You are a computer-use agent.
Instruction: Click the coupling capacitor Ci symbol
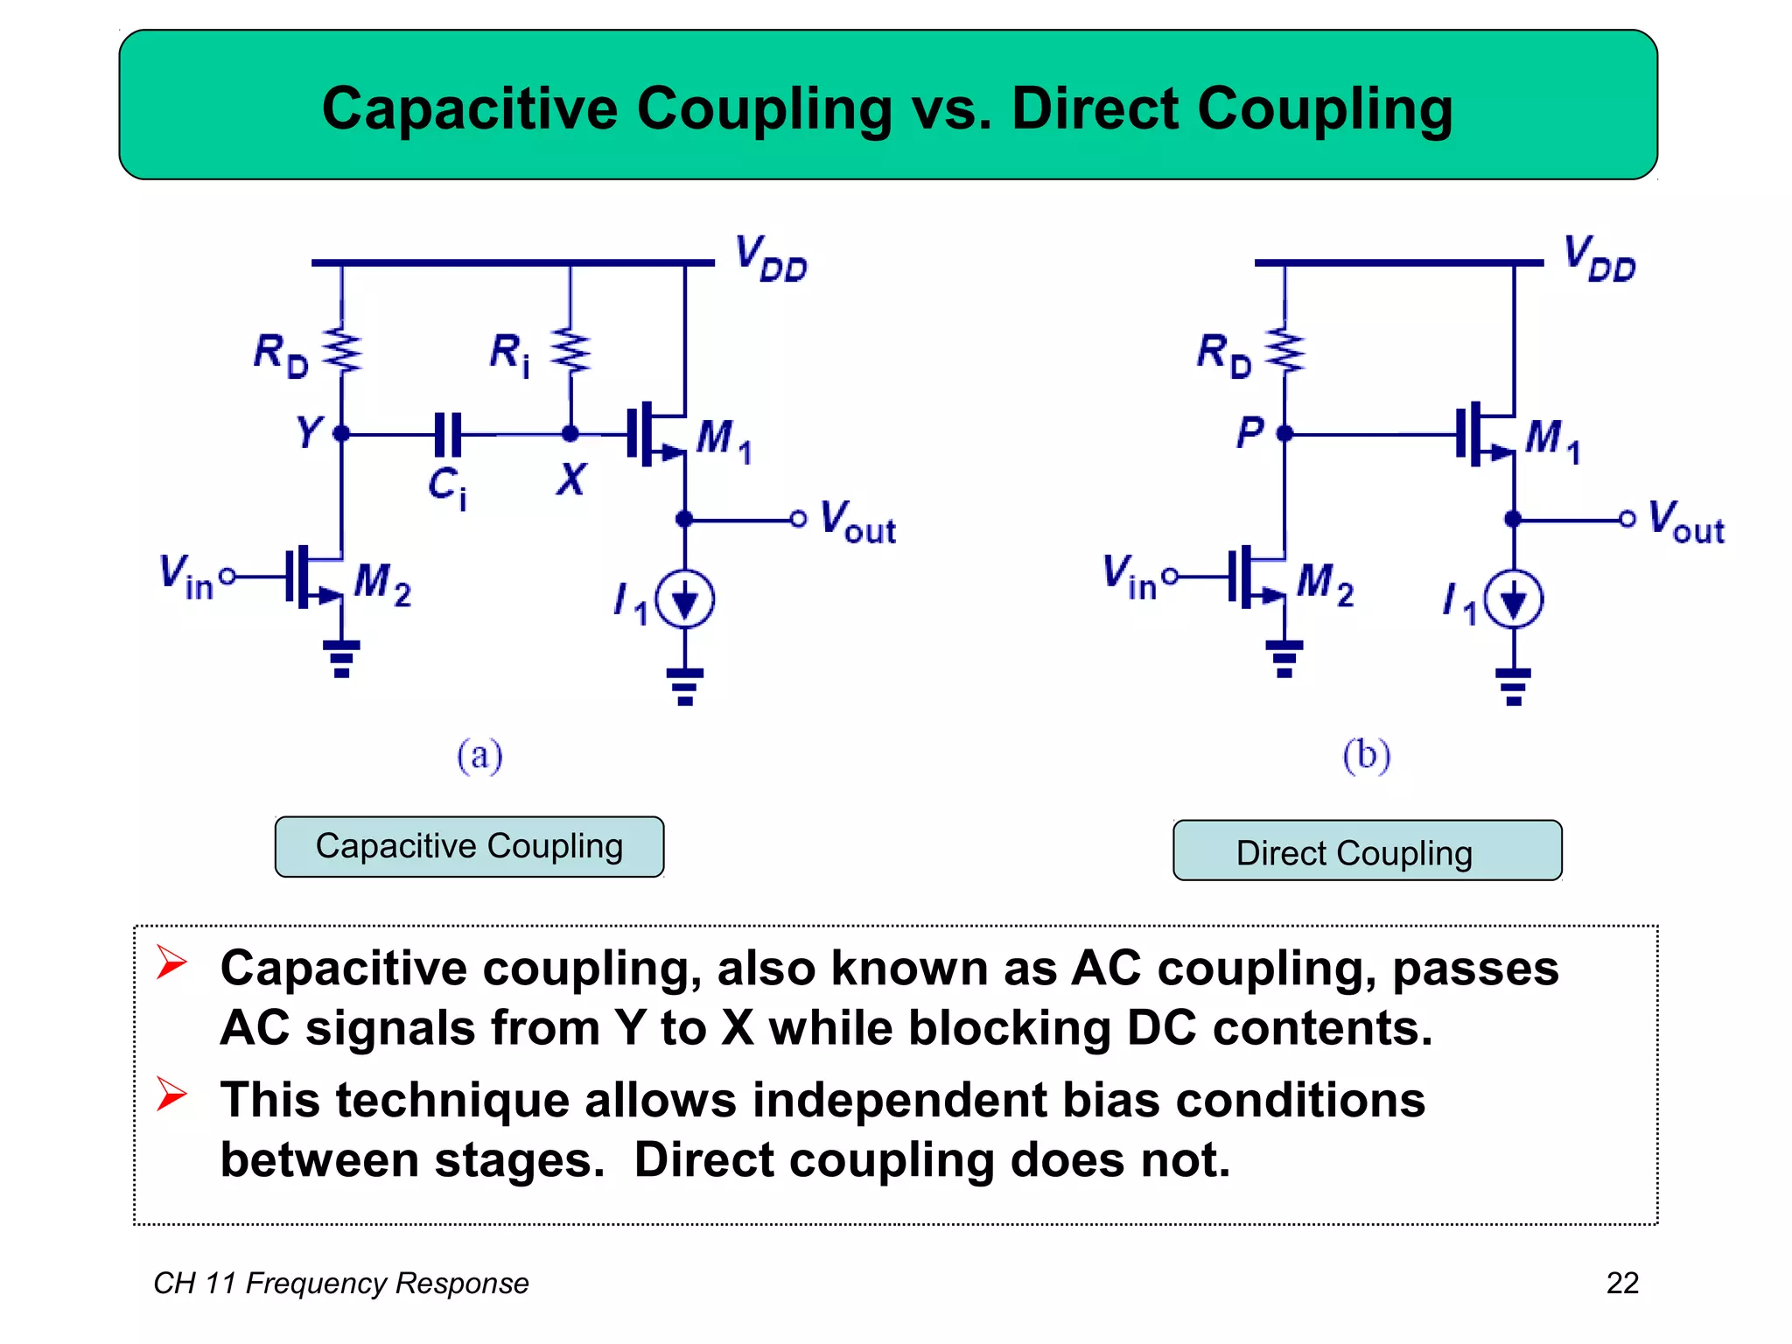click(x=448, y=434)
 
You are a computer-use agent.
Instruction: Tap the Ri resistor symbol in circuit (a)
click(x=570, y=352)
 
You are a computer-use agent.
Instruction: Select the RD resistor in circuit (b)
click(x=1284, y=352)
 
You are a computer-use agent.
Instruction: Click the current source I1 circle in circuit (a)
click(x=685, y=600)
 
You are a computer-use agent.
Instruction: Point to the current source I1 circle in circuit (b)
click(x=1514, y=600)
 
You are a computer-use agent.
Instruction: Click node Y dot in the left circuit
click(x=341, y=433)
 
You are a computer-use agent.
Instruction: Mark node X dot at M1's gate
click(x=570, y=433)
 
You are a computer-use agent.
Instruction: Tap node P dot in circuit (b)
click(x=1284, y=433)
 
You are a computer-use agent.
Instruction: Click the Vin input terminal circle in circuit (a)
click(x=227, y=576)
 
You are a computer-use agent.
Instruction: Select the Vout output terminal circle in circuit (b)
click(x=1627, y=519)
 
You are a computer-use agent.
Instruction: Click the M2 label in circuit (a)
click(x=382, y=583)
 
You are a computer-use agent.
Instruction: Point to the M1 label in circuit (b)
click(x=1552, y=439)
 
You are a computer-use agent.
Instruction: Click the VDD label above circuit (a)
click(x=770, y=258)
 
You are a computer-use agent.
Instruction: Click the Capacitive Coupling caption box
click(x=469, y=846)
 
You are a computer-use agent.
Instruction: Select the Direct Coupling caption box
click(x=1367, y=850)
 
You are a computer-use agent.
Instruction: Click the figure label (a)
click(x=479, y=755)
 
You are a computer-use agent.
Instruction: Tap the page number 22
click(x=1621, y=1283)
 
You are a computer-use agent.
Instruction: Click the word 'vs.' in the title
click(x=951, y=109)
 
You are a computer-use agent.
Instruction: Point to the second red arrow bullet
click(x=171, y=1095)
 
